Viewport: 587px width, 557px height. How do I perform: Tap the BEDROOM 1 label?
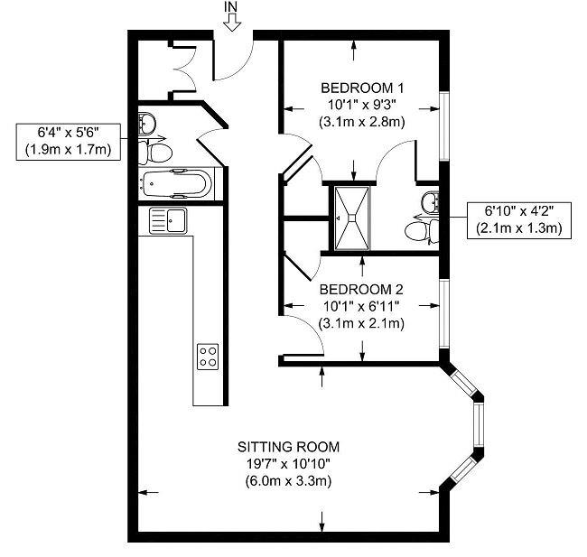[x=361, y=88]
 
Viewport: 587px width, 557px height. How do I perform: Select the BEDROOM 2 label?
[x=361, y=290]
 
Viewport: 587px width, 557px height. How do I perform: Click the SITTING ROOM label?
[x=289, y=447]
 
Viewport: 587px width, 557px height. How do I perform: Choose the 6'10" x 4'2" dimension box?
[x=519, y=219]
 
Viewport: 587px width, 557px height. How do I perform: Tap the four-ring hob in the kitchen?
[x=207, y=357]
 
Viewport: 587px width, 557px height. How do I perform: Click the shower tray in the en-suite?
[x=349, y=217]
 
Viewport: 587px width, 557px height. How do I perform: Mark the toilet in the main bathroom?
[x=154, y=148]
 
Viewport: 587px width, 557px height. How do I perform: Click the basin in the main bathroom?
[x=147, y=123]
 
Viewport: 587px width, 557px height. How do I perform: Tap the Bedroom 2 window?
[x=443, y=311]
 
